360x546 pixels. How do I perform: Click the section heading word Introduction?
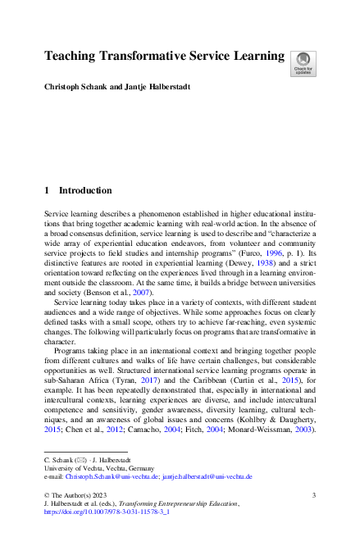pyautogui.click(x=85, y=190)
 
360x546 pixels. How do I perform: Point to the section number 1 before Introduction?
pyautogui.click(x=47, y=190)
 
